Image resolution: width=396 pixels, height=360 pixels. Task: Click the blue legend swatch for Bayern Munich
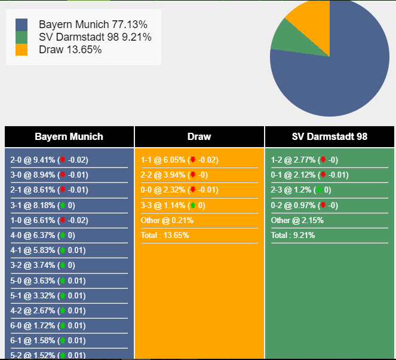(22, 25)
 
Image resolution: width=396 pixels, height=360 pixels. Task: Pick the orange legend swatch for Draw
(22, 50)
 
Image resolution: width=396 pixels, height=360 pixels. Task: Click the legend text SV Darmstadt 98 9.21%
(95, 37)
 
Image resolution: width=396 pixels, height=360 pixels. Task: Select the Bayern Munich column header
(69, 136)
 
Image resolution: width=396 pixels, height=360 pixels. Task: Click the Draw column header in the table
(199, 136)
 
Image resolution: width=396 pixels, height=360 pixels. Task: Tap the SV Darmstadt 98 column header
(330, 136)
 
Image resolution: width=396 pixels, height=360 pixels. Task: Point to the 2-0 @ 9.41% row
(49, 160)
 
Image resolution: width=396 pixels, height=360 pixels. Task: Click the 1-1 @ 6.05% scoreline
(180, 160)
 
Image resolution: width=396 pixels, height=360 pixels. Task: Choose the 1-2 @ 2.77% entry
(305, 160)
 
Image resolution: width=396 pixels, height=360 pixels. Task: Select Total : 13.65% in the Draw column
(165, 236)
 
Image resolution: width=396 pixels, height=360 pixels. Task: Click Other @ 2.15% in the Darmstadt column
(297, 220)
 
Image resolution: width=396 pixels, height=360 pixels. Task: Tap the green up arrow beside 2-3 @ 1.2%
(319, 190)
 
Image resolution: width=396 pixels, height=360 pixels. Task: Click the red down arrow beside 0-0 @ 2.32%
(193, 190)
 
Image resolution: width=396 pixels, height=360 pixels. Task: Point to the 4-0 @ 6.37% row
(42, 236)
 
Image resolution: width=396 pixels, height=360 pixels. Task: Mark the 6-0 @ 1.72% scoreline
(48, 326)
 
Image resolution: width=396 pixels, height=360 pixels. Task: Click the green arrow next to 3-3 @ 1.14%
(193, 205)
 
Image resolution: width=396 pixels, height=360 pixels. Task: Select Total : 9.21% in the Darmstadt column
(293, 236)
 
